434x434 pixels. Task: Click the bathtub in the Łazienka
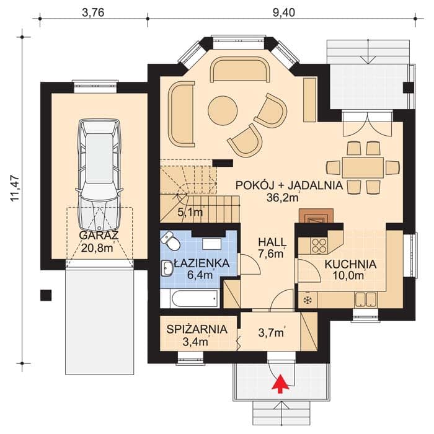pos(194,298)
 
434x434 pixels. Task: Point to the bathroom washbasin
pos(167,268)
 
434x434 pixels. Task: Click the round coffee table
pos(223,110)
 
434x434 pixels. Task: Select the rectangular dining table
pos(363,167)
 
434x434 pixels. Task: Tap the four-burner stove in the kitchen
pos(319,246)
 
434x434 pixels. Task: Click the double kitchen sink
pos(366,299)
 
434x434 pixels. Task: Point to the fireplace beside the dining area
pos(316,215)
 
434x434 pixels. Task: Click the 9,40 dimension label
pos(283,13)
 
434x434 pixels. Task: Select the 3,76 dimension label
pos(93,13)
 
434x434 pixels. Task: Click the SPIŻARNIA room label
pos(197,329)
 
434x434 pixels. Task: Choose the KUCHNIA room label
pos(350,264)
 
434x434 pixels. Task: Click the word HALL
pos(272,242)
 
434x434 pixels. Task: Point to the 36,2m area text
pos(283,197)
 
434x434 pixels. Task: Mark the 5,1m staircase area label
pos(190,212)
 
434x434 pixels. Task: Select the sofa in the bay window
pos(240,69)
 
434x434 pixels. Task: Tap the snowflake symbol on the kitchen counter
pos(307,299)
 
